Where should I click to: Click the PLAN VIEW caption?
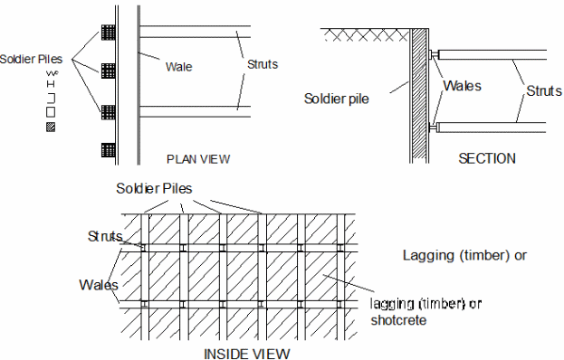click(198, 159)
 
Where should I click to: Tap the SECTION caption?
click(487, 158)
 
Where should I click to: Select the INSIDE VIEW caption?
click(247, 354)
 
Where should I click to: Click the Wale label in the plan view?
click(178, 66)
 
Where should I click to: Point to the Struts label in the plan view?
click(263, 64)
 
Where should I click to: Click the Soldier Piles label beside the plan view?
click(31, 59)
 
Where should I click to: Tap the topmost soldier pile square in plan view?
click(109, 32)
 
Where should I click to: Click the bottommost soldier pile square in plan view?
click(109, 150)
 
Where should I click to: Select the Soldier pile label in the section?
click(336, 99)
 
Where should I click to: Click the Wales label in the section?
click(462, 86)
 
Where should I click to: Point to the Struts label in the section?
click(543, 90)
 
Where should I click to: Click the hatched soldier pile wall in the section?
click(418, 96)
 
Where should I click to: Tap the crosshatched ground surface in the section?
click(366, 35)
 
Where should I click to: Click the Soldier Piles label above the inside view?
click(154, 188)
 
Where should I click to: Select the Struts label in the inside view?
click(105, 236)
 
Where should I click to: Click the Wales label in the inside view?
click(99, 285)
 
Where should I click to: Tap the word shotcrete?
click(398, 320)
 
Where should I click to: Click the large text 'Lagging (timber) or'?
click(464, 255)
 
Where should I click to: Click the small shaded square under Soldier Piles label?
click(51, 128)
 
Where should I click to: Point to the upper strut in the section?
click(491, 54)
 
